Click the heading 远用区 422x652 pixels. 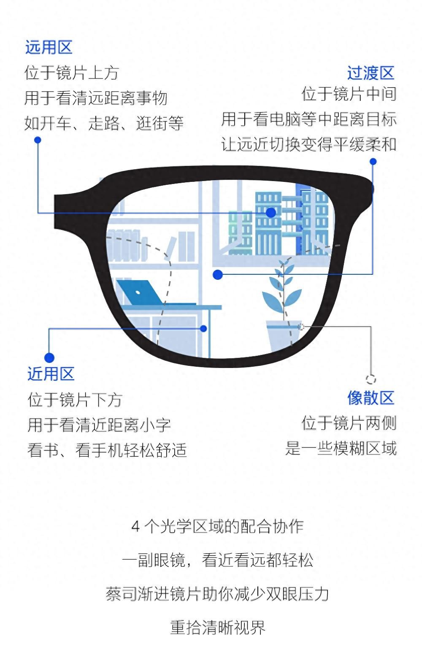click(x=49, y=47)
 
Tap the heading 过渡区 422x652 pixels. click(x=371, y=73)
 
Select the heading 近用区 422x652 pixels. click(x=51, y=374)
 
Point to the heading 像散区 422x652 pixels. click(x=371, y=398)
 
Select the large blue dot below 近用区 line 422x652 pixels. click(x=49, y=358)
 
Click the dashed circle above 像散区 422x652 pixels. click(x=371, y=379)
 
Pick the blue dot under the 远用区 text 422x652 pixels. click(x=38, y=140)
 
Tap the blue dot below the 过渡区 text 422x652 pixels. click(x=373, y=162)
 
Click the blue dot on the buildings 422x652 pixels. click(x=271, y=212)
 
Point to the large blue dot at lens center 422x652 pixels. click(x=218, y=275)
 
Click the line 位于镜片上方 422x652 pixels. click(x=72, y=73)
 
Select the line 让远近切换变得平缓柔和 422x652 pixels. click(x=308, y=144)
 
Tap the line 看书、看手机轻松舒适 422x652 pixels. click(x=107, y=450)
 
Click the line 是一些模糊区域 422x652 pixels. click(x=341, y=448)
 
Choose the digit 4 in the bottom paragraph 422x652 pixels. click(x=135, y=527)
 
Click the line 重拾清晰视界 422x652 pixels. click(x=218, y=628)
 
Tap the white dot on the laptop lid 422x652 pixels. click(x=138, y=292)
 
